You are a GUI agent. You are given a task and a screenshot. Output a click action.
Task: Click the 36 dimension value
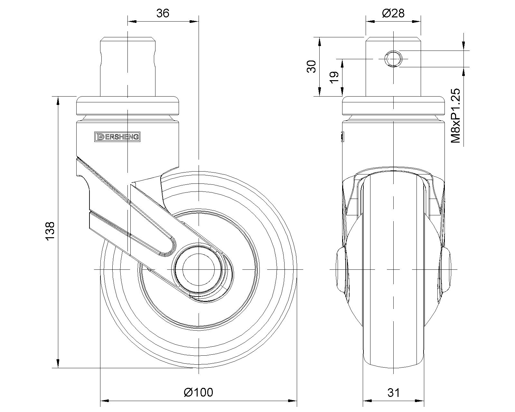pyautogui.click(x=163, y=13)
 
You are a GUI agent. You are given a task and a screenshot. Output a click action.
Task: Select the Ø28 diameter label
pyautogui.click(x=393, y=13)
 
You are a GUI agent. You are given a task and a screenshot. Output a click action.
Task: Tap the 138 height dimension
pyautogui.click(x=50, y=231)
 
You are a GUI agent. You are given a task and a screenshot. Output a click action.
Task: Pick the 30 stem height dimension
pyautogui.click(x=311, y=67)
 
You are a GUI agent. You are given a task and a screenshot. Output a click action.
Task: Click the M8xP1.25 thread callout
pyautogui.click(x=455, y=116)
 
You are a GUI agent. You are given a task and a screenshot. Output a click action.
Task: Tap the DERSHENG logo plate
pyautogui.click(x=117, y=137)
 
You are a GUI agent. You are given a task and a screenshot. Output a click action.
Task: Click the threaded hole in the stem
pyautogui.click(x=393, y=59)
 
